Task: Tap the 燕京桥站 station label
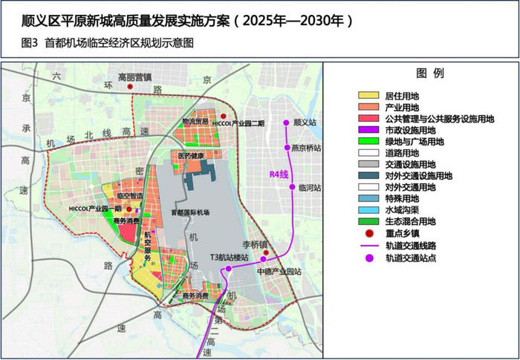click(306, 148)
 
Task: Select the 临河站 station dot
click(293, 187)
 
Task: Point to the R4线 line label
click(277, 176)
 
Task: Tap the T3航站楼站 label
click(228, 258)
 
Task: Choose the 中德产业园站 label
click(279, 272)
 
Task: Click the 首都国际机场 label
click(189, 212)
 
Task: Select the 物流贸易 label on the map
click(195, 121)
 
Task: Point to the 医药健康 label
click(191, 156)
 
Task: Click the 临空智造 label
click(130, 195)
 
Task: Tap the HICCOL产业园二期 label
click(238, 123)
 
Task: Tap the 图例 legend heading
click(430, 73)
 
